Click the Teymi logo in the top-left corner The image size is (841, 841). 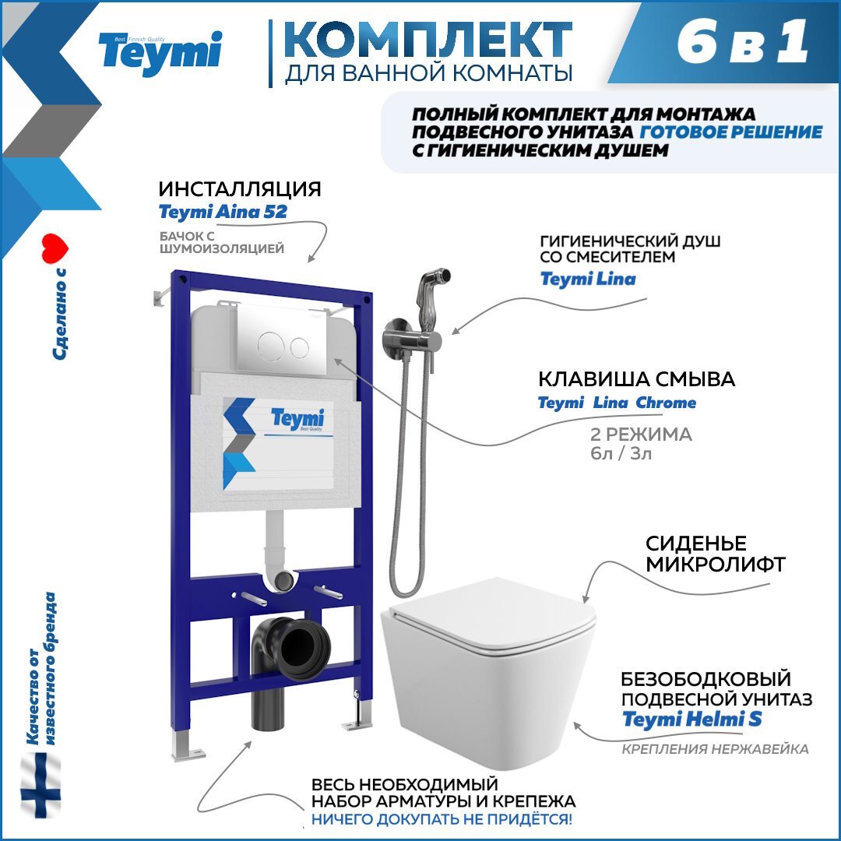[160, 53]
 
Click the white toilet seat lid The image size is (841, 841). [491, 614]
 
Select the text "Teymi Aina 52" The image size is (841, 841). [223, 212]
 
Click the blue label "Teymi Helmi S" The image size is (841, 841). [692, 720]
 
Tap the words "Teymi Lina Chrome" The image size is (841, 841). [617, 403]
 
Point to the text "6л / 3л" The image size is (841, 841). [621, 453]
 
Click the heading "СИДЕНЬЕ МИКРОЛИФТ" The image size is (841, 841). [695, 554]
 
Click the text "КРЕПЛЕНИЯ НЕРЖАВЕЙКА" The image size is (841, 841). [715, 749]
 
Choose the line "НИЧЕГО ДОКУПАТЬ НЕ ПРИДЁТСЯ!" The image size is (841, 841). [442, 819]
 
